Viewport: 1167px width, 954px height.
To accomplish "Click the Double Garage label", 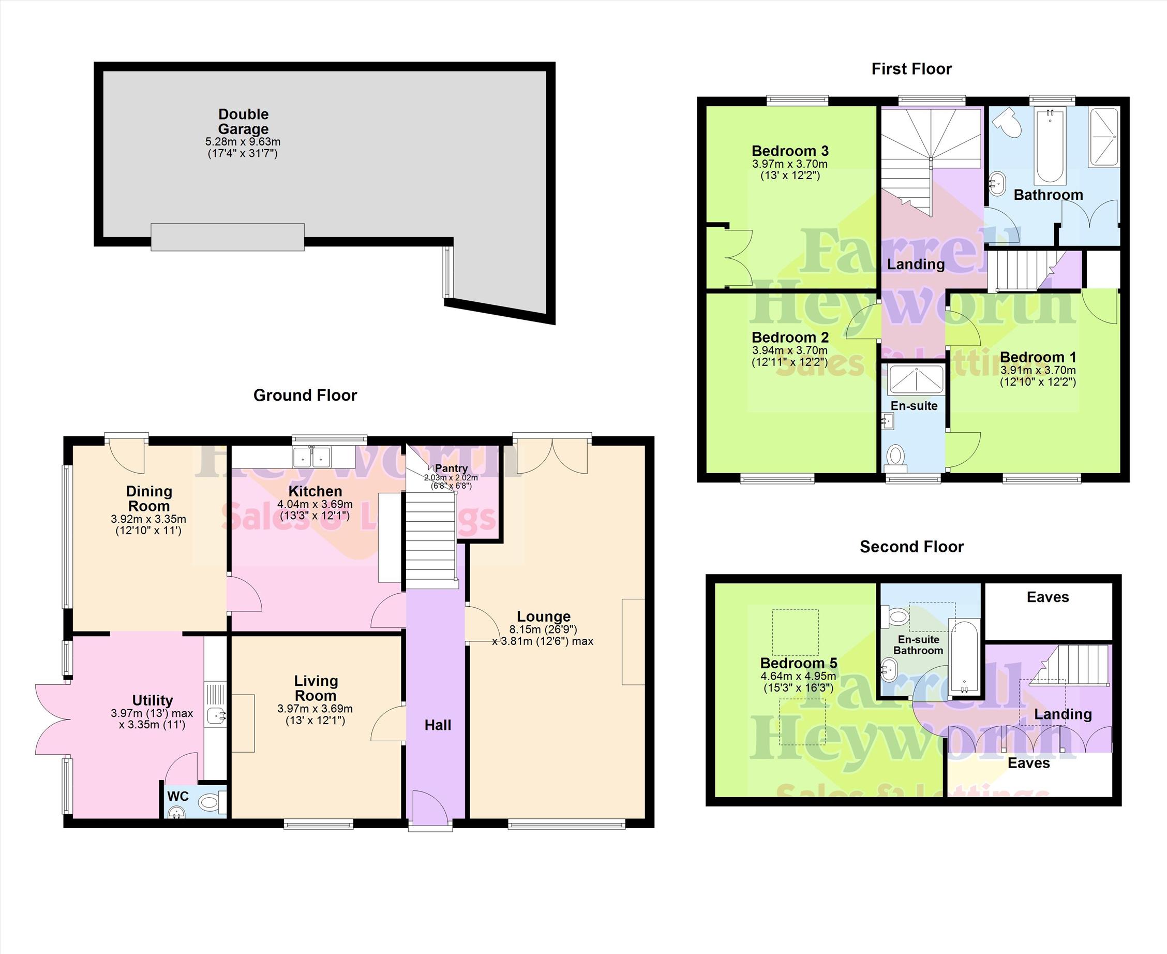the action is pyautogui.click(x=243, y=122).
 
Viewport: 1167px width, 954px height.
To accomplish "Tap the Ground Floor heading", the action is pyautogui.click(x=305, y=395).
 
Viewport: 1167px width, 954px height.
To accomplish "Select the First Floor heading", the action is pyautogui.click(x=911, y=69).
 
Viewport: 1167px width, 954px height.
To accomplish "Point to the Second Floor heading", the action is pyautogui.click(x=911, y=547).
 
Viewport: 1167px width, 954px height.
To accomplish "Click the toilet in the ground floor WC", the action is pyautogui.click(x=212, y=802).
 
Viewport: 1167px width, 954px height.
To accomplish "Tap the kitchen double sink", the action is pyautogui.click(x=312, y=457).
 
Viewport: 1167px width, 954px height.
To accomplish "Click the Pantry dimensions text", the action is pyautogui.click(x=451, y=482).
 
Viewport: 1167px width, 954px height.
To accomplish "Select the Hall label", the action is pyautogui.click(x=438, y=725).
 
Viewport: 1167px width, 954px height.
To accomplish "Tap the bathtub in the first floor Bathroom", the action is pyautogui.click(x=1050, y=146).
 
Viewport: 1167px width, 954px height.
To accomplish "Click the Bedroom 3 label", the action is pyautogui.click(x=790, y=151).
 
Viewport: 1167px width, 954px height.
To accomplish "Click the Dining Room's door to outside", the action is pyautogui.click(x=127, y=455).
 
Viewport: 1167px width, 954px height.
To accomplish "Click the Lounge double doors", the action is pyautogui.click(x=552, y=456).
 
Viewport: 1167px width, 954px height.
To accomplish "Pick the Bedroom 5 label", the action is pyautogui.click(x=799, y=663).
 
